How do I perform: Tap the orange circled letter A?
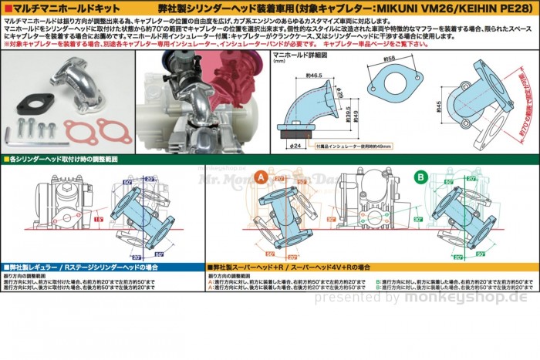coord(261,177)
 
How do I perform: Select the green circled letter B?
coord(420,177)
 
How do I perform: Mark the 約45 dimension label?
coord(437,106)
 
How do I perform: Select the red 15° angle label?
coord(98,219)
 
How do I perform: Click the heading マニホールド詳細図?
coord(305,56)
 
